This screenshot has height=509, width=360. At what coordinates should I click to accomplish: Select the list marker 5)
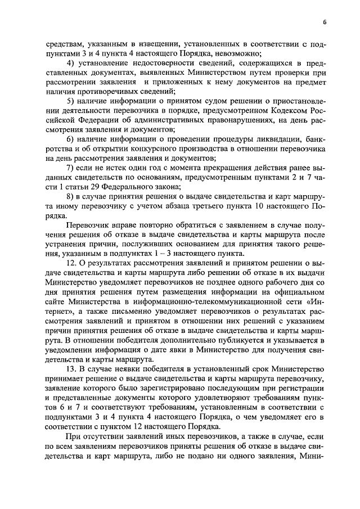pyautogui.click(x=70, y=101)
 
